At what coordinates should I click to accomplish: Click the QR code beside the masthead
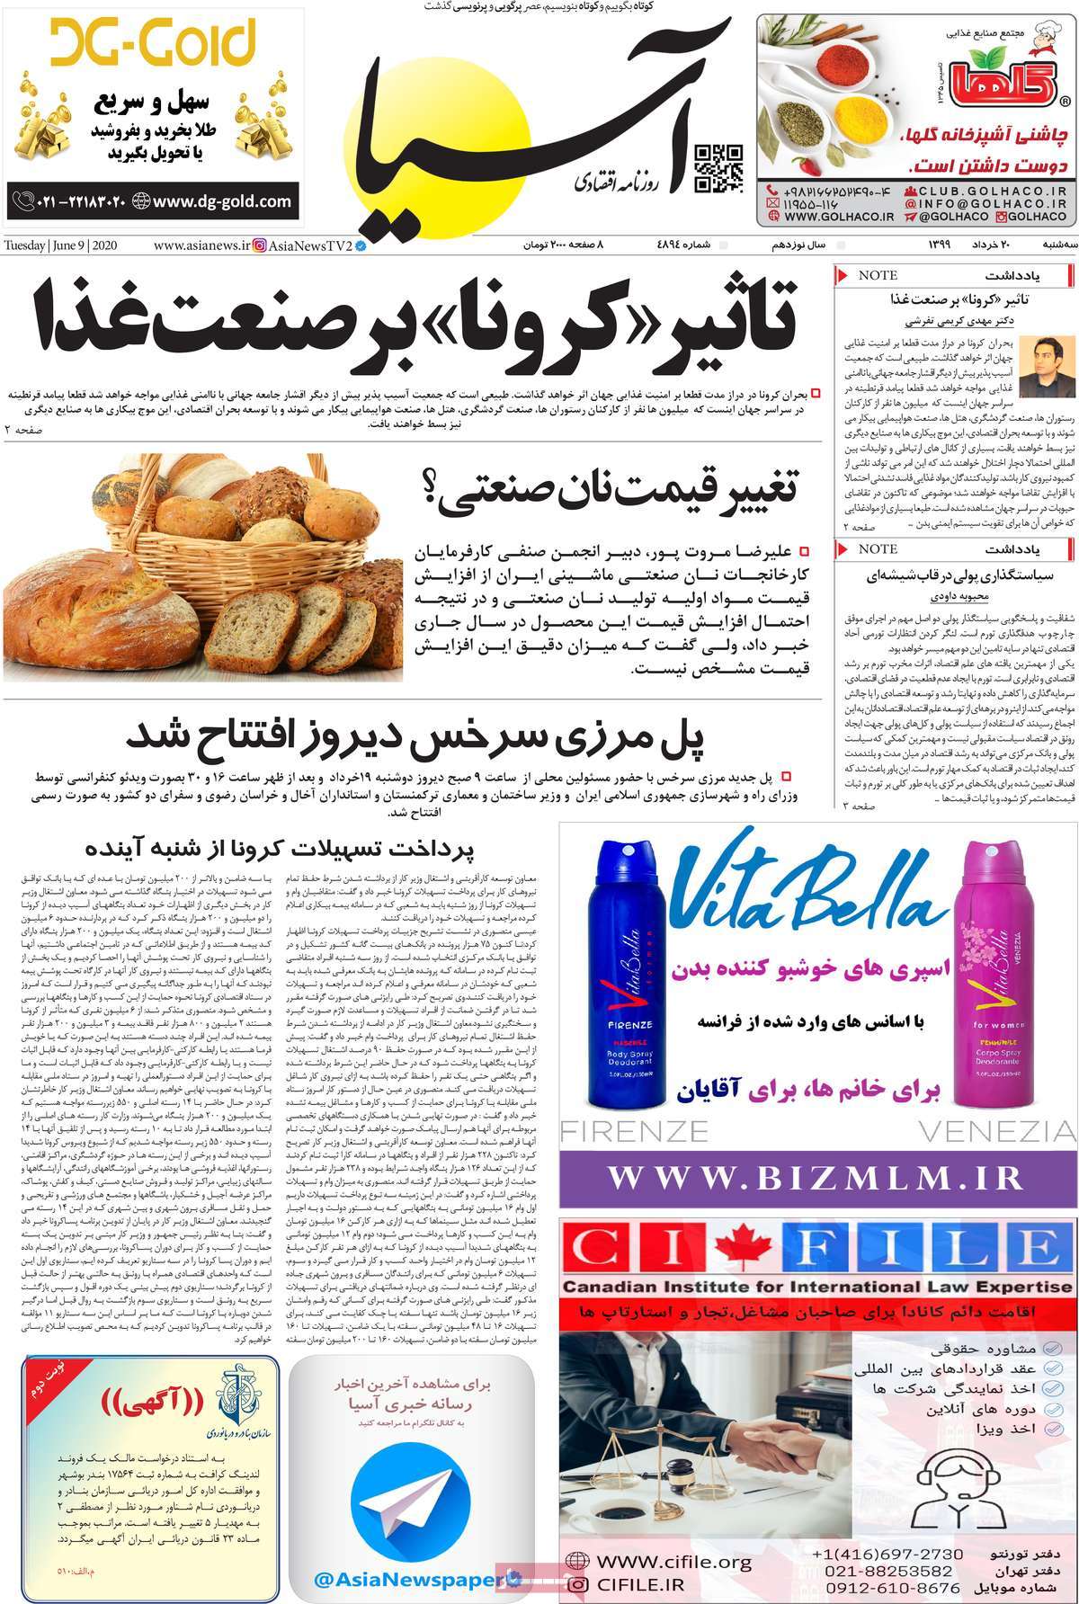pos(720,169)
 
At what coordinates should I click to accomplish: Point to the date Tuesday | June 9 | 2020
pos(62,245)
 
